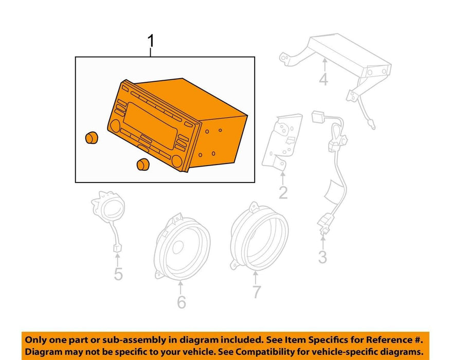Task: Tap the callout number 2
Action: [x=283, y=193]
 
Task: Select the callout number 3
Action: [x=323, y=257]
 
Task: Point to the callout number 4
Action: [x=323, y=79]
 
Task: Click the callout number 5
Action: [x=118, y=274]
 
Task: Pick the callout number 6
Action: [x=181, y=302]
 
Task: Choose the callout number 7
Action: [x=256, y=292]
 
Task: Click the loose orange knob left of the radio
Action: [x=92, y=137]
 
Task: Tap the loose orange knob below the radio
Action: [x=142, y=164]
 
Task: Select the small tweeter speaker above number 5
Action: [x=108, y=207]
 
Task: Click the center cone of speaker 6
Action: [x=178, y=247]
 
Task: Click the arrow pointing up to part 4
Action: [x=324, y=65]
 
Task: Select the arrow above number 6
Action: [x=181, y=288]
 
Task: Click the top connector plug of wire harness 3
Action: [x=318, y=117]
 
